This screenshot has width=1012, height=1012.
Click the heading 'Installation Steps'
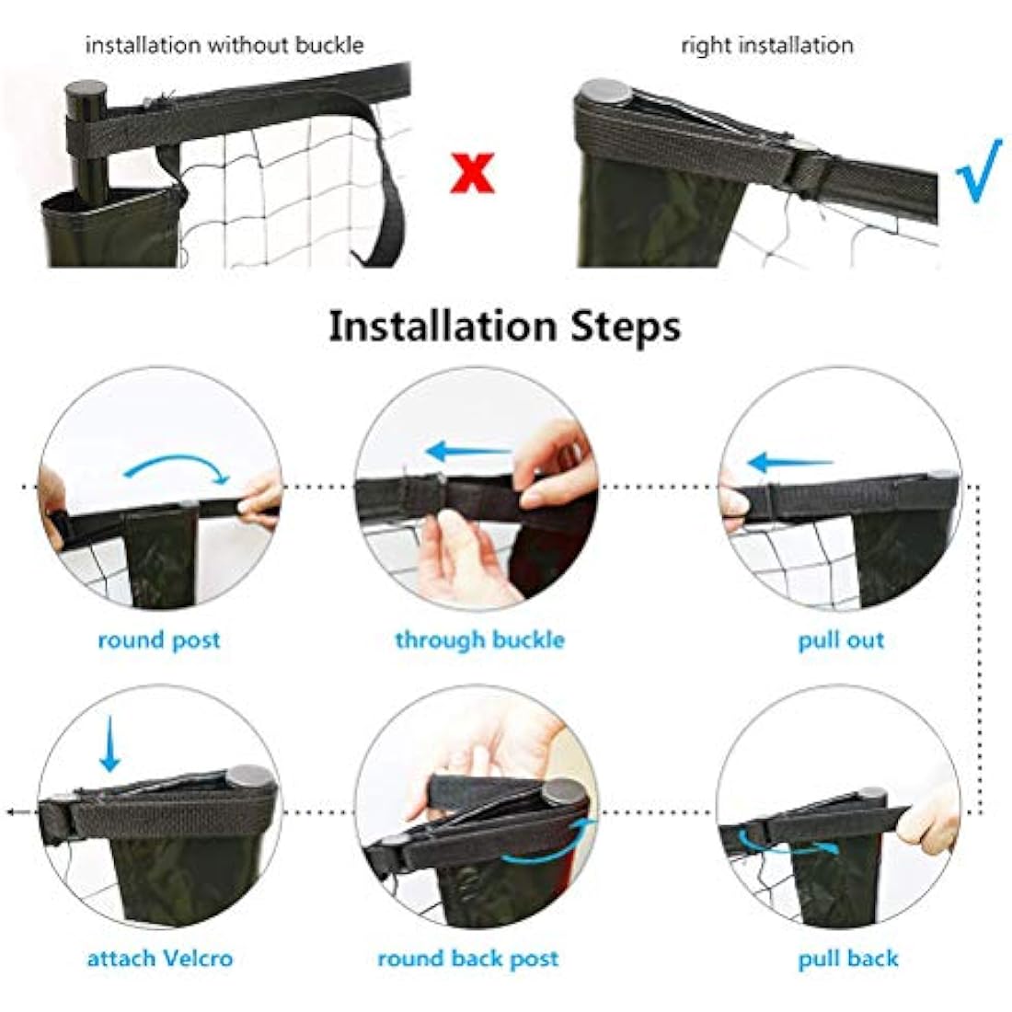tap(505, 327)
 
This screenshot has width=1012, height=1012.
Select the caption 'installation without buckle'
tap(224, 45)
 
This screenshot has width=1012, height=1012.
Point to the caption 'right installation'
tap(766, 45)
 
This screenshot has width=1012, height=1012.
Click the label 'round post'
tap(159, 640)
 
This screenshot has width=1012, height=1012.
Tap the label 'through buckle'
tap(479, 639)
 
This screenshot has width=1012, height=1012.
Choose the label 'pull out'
tap(841, 640)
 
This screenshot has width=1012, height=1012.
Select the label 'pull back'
tap(847, 959)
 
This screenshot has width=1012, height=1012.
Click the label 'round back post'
tap(467, 959)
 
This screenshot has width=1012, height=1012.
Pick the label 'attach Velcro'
tap(160, 959)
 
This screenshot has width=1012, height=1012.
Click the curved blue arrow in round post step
tap(177, 465)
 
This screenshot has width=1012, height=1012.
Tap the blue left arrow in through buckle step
tap(467, 452)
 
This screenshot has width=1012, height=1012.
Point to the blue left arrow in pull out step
tap(788, 462)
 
